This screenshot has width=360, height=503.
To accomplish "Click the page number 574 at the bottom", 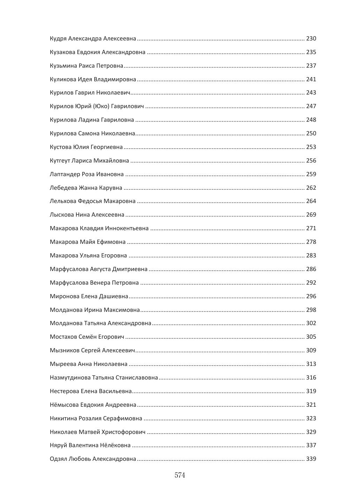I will pyautogui.click(x=180, y=475).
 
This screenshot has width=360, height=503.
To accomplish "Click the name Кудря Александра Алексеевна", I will pyautogui.click(x=93, y=39).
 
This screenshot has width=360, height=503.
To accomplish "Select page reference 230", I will pyautogui.click(x=311, y=39).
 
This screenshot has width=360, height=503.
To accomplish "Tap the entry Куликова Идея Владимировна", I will pyautogui.click(x=93, y=80).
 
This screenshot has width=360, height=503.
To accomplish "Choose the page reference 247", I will pyautogui.click(x=311, y=106).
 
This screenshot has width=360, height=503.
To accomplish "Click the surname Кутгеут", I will pyautogui.click(x=60, y=161).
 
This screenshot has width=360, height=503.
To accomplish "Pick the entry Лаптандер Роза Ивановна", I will pyautogui.click(x=87, y=174).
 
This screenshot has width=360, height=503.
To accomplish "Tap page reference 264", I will pyautogui.click(x=311, y=201).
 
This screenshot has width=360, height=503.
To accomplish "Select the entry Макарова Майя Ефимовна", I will pyautogui.click(x=88, y=242).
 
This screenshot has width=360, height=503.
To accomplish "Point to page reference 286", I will pyautogui.click(x=311, y=269).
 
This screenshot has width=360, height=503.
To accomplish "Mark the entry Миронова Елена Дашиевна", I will pyautogui.click(x=89, y=296).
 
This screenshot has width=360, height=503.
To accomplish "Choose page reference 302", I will pyautogui.click(x=311, y=323).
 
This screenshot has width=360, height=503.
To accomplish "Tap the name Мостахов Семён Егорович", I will pyautogui.click(x=87, y=337).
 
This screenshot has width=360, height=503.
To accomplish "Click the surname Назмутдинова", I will pyautogui.click(x=70, y=378).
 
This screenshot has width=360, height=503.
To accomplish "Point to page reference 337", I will pyautogui.click(x=311, y=445).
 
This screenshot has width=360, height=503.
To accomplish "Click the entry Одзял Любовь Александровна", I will pyautogui.click(x=93, y=459).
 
